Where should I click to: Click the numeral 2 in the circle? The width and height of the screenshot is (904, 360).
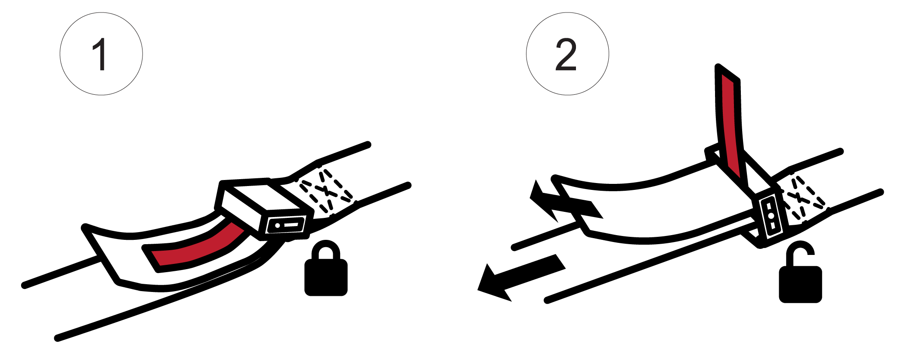(566, 54)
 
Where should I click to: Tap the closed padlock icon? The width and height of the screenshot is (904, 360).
(326, 268)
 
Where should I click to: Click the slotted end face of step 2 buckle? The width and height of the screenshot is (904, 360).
(771, 215)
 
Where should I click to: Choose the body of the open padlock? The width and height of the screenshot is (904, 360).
(801, 285)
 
